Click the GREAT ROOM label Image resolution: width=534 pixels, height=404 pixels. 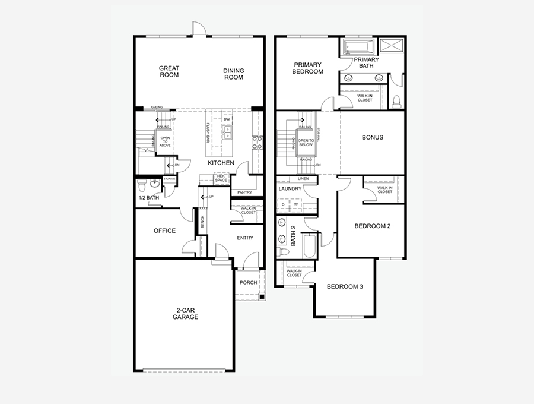coord(169,71)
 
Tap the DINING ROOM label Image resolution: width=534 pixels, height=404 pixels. coord(233,74)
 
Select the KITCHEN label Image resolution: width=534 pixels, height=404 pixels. coord(221,163)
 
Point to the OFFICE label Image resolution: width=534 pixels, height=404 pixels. coord(164,231)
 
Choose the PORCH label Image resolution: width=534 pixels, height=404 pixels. coord(248,282)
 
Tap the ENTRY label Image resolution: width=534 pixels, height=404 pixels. coord(245,238)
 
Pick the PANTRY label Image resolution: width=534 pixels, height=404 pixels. coord(244,192)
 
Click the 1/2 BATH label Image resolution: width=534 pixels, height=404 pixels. coord(148,198)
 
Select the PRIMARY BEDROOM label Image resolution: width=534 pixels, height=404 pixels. coord(307,68)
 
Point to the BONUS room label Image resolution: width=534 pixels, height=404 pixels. coord(373,137)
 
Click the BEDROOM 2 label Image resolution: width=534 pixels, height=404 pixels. coord(372,226)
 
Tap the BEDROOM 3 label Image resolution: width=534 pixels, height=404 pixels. coord(345,286)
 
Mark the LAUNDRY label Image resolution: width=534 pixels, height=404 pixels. coord(290,189)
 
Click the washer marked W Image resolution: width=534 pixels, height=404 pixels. coord(295,205)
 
